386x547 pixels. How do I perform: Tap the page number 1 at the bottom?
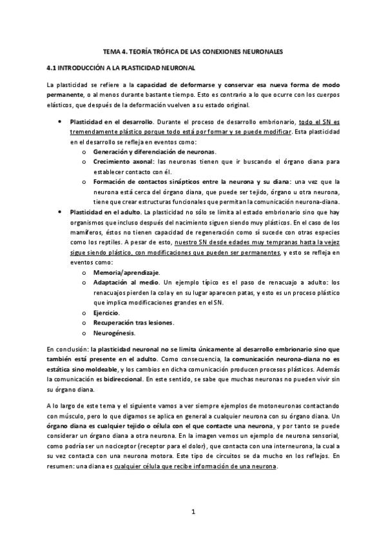coord(193,513)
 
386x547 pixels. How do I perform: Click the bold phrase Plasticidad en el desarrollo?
coord(111,122)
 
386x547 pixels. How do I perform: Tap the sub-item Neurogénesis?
coord(114,333)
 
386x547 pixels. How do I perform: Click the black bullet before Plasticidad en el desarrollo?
coord(60,121)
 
